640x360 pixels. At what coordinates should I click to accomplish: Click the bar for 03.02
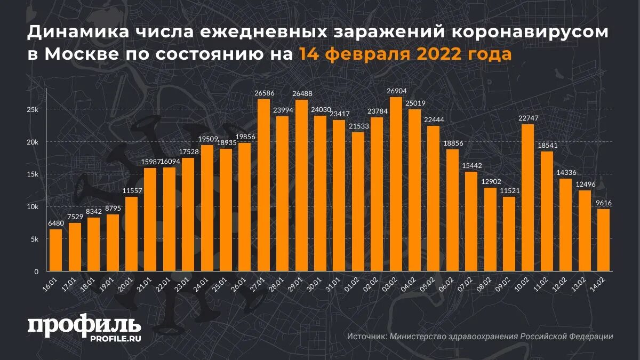tap(396, 184)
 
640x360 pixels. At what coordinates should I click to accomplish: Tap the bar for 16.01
tap(56, 250)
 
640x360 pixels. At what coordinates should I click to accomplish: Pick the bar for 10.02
tap(528, 197)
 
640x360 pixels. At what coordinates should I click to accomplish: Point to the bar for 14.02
tap(604, 240)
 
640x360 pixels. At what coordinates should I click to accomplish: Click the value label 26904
tap(396, 91)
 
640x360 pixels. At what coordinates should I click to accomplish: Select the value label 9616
tap(604, 203)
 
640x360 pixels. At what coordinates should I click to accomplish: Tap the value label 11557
tap(131, 191)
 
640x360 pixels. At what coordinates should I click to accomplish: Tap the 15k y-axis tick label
tap(33, 174)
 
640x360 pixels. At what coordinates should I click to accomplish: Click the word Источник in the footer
tap(366, 337)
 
